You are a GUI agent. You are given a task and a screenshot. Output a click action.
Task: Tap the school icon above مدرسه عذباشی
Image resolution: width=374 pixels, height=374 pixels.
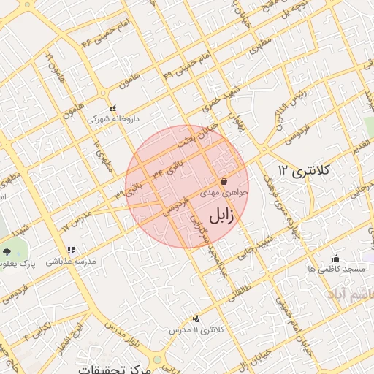(x=71, y=250)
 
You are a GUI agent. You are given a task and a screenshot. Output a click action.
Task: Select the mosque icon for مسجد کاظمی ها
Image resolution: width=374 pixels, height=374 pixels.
(x=336, y=258)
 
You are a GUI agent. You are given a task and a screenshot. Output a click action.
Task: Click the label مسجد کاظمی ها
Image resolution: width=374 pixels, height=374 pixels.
(x=336, y=270)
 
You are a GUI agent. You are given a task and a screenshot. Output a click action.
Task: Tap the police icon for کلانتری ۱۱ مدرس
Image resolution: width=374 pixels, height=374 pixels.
(x=196, y=318)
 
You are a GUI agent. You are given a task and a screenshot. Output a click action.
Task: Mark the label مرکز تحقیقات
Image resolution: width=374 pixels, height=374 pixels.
(x=117, y=369)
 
